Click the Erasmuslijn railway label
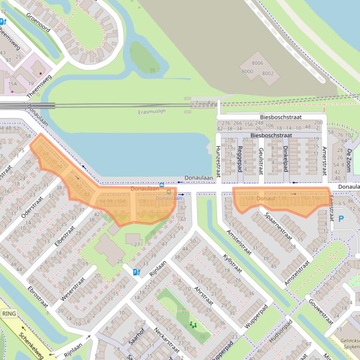[x=154, y=112]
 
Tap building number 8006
[x=257, y=63]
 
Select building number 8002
[x=268, y=73]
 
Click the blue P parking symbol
[x=341, y=218]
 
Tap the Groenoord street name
[x=38, y=22]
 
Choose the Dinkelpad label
[x=285, y=158]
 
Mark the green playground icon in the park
[x=193, y=325]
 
